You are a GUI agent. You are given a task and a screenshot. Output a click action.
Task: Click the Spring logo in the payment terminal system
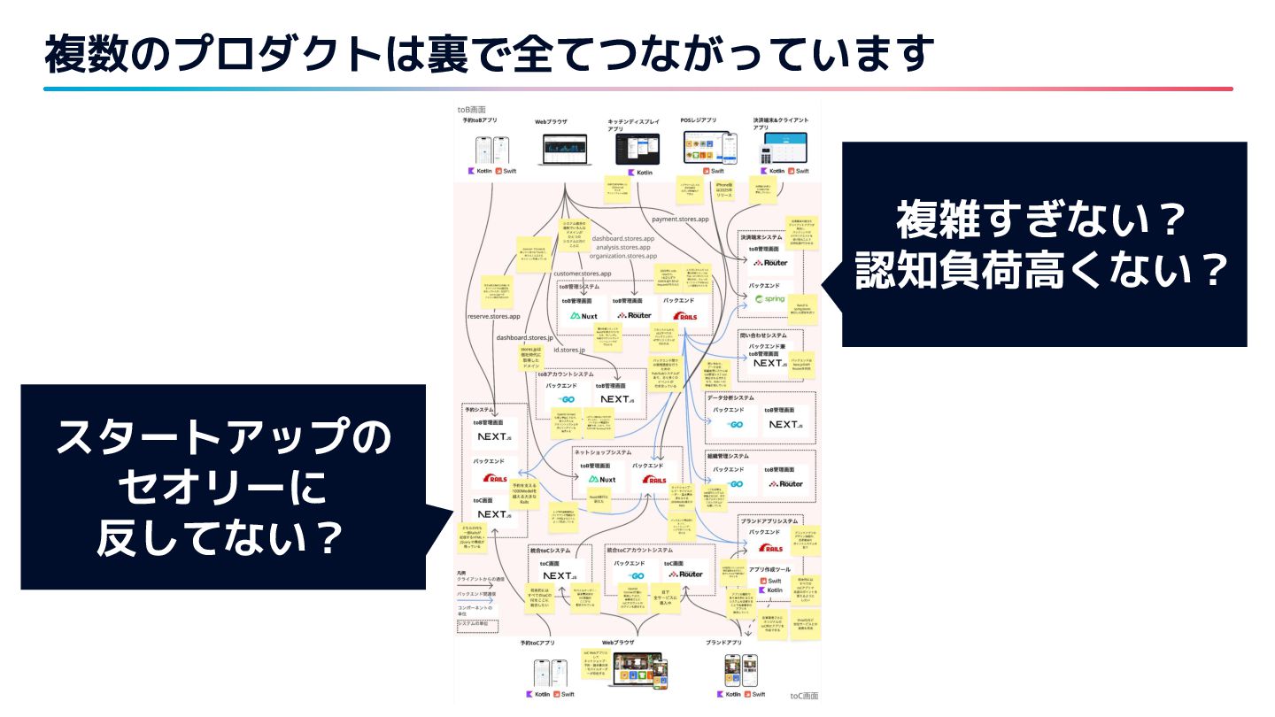769,299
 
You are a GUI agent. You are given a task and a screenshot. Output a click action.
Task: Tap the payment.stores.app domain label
680,219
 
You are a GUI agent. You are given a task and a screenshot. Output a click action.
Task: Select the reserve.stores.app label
493,316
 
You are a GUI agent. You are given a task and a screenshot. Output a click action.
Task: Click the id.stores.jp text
568,351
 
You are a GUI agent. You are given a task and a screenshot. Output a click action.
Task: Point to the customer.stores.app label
583,274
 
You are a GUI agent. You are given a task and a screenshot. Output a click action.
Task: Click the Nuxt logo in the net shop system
601,480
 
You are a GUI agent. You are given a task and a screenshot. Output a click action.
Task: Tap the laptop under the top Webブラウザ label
564,149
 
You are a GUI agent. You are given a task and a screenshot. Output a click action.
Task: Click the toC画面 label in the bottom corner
804,696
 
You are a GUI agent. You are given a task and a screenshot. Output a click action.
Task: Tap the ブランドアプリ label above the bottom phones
722,643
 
